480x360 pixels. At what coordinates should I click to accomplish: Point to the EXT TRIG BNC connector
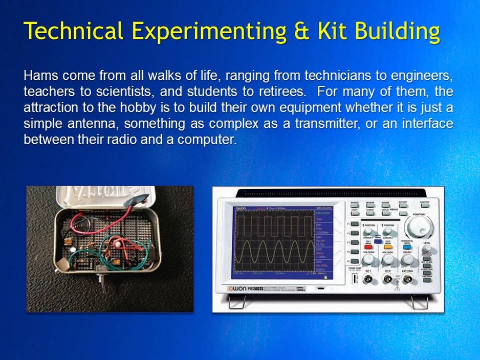coord(408,279)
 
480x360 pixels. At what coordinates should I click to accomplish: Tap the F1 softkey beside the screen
coord(355,223)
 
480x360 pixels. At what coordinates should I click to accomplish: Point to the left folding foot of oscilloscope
coord(235,304)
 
